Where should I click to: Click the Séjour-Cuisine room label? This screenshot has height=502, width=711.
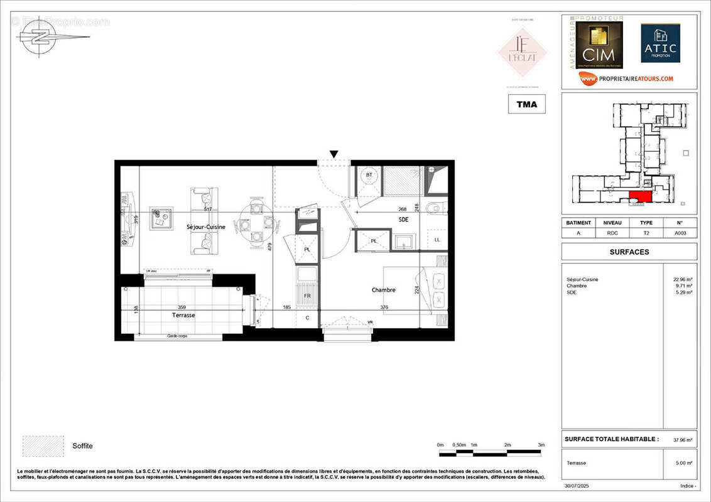click(206, 227)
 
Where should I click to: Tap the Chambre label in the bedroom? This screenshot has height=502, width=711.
click(383, 290)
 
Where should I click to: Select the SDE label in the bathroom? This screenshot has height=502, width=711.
click(404, 219)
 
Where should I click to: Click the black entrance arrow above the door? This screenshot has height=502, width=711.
click(334, 154)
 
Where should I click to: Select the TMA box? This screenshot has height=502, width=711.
click(526, 104)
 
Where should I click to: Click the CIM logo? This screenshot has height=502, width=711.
click(598, 46)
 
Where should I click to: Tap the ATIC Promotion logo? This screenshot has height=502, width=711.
click(660, 43)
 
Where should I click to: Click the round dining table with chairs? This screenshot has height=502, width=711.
click(256, 223)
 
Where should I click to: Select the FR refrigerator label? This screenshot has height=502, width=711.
click(307, 295)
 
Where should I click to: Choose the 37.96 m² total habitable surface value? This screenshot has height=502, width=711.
click(684, 440)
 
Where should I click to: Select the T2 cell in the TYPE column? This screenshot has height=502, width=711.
click(646, 233)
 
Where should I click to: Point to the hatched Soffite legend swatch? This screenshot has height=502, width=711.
click(43, 446)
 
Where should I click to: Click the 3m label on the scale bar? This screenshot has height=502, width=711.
click(541, 445)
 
